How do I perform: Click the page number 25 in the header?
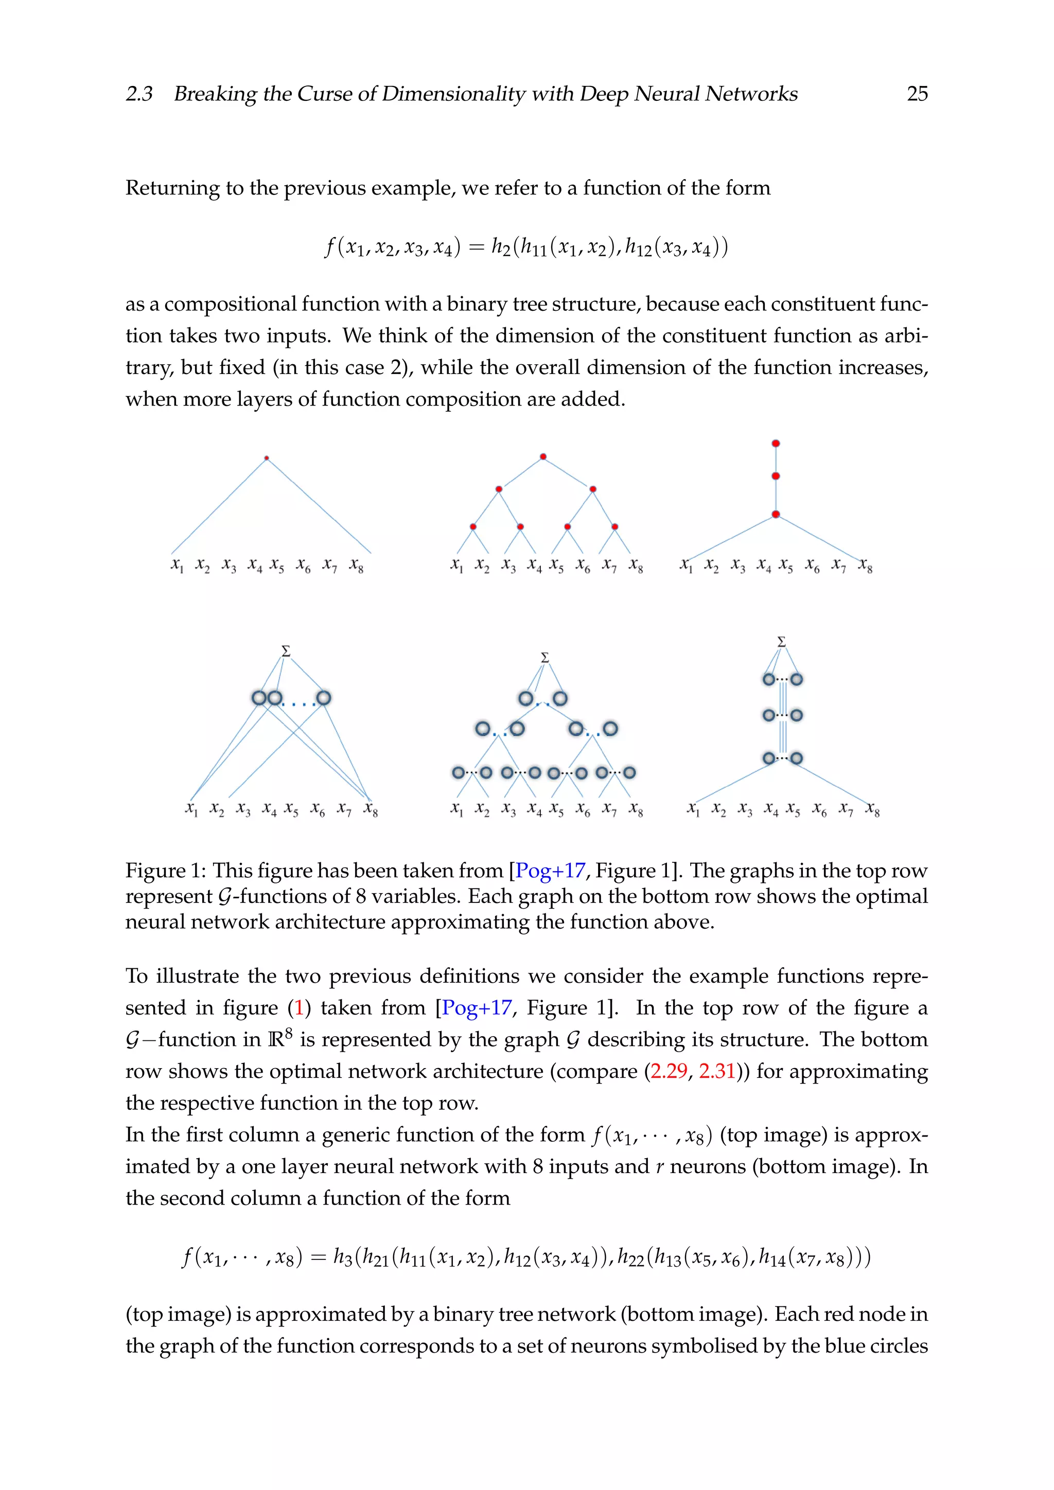pos(917,94)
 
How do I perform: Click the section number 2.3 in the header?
pos(139,94)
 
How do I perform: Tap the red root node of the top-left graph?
pos(267,458)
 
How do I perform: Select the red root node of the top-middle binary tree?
pos(543,457)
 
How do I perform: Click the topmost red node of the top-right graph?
pos(776,443)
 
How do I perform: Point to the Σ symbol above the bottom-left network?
pos(286,650)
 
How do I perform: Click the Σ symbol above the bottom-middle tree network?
pos(545,658)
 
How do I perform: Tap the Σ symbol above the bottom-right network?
pos(781,641)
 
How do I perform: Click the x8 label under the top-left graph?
pos(356,566)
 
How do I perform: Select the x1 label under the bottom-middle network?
pos(457,809)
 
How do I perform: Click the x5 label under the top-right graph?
pos(786,566)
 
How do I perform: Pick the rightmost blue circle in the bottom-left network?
pos(323,698)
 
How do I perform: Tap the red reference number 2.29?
pos(669,1071)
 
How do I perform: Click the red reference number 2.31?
pos(717,1071)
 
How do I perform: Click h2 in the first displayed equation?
pos(500,247)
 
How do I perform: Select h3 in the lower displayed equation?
pos(342,1257)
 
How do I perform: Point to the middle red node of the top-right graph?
pos(776,476)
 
